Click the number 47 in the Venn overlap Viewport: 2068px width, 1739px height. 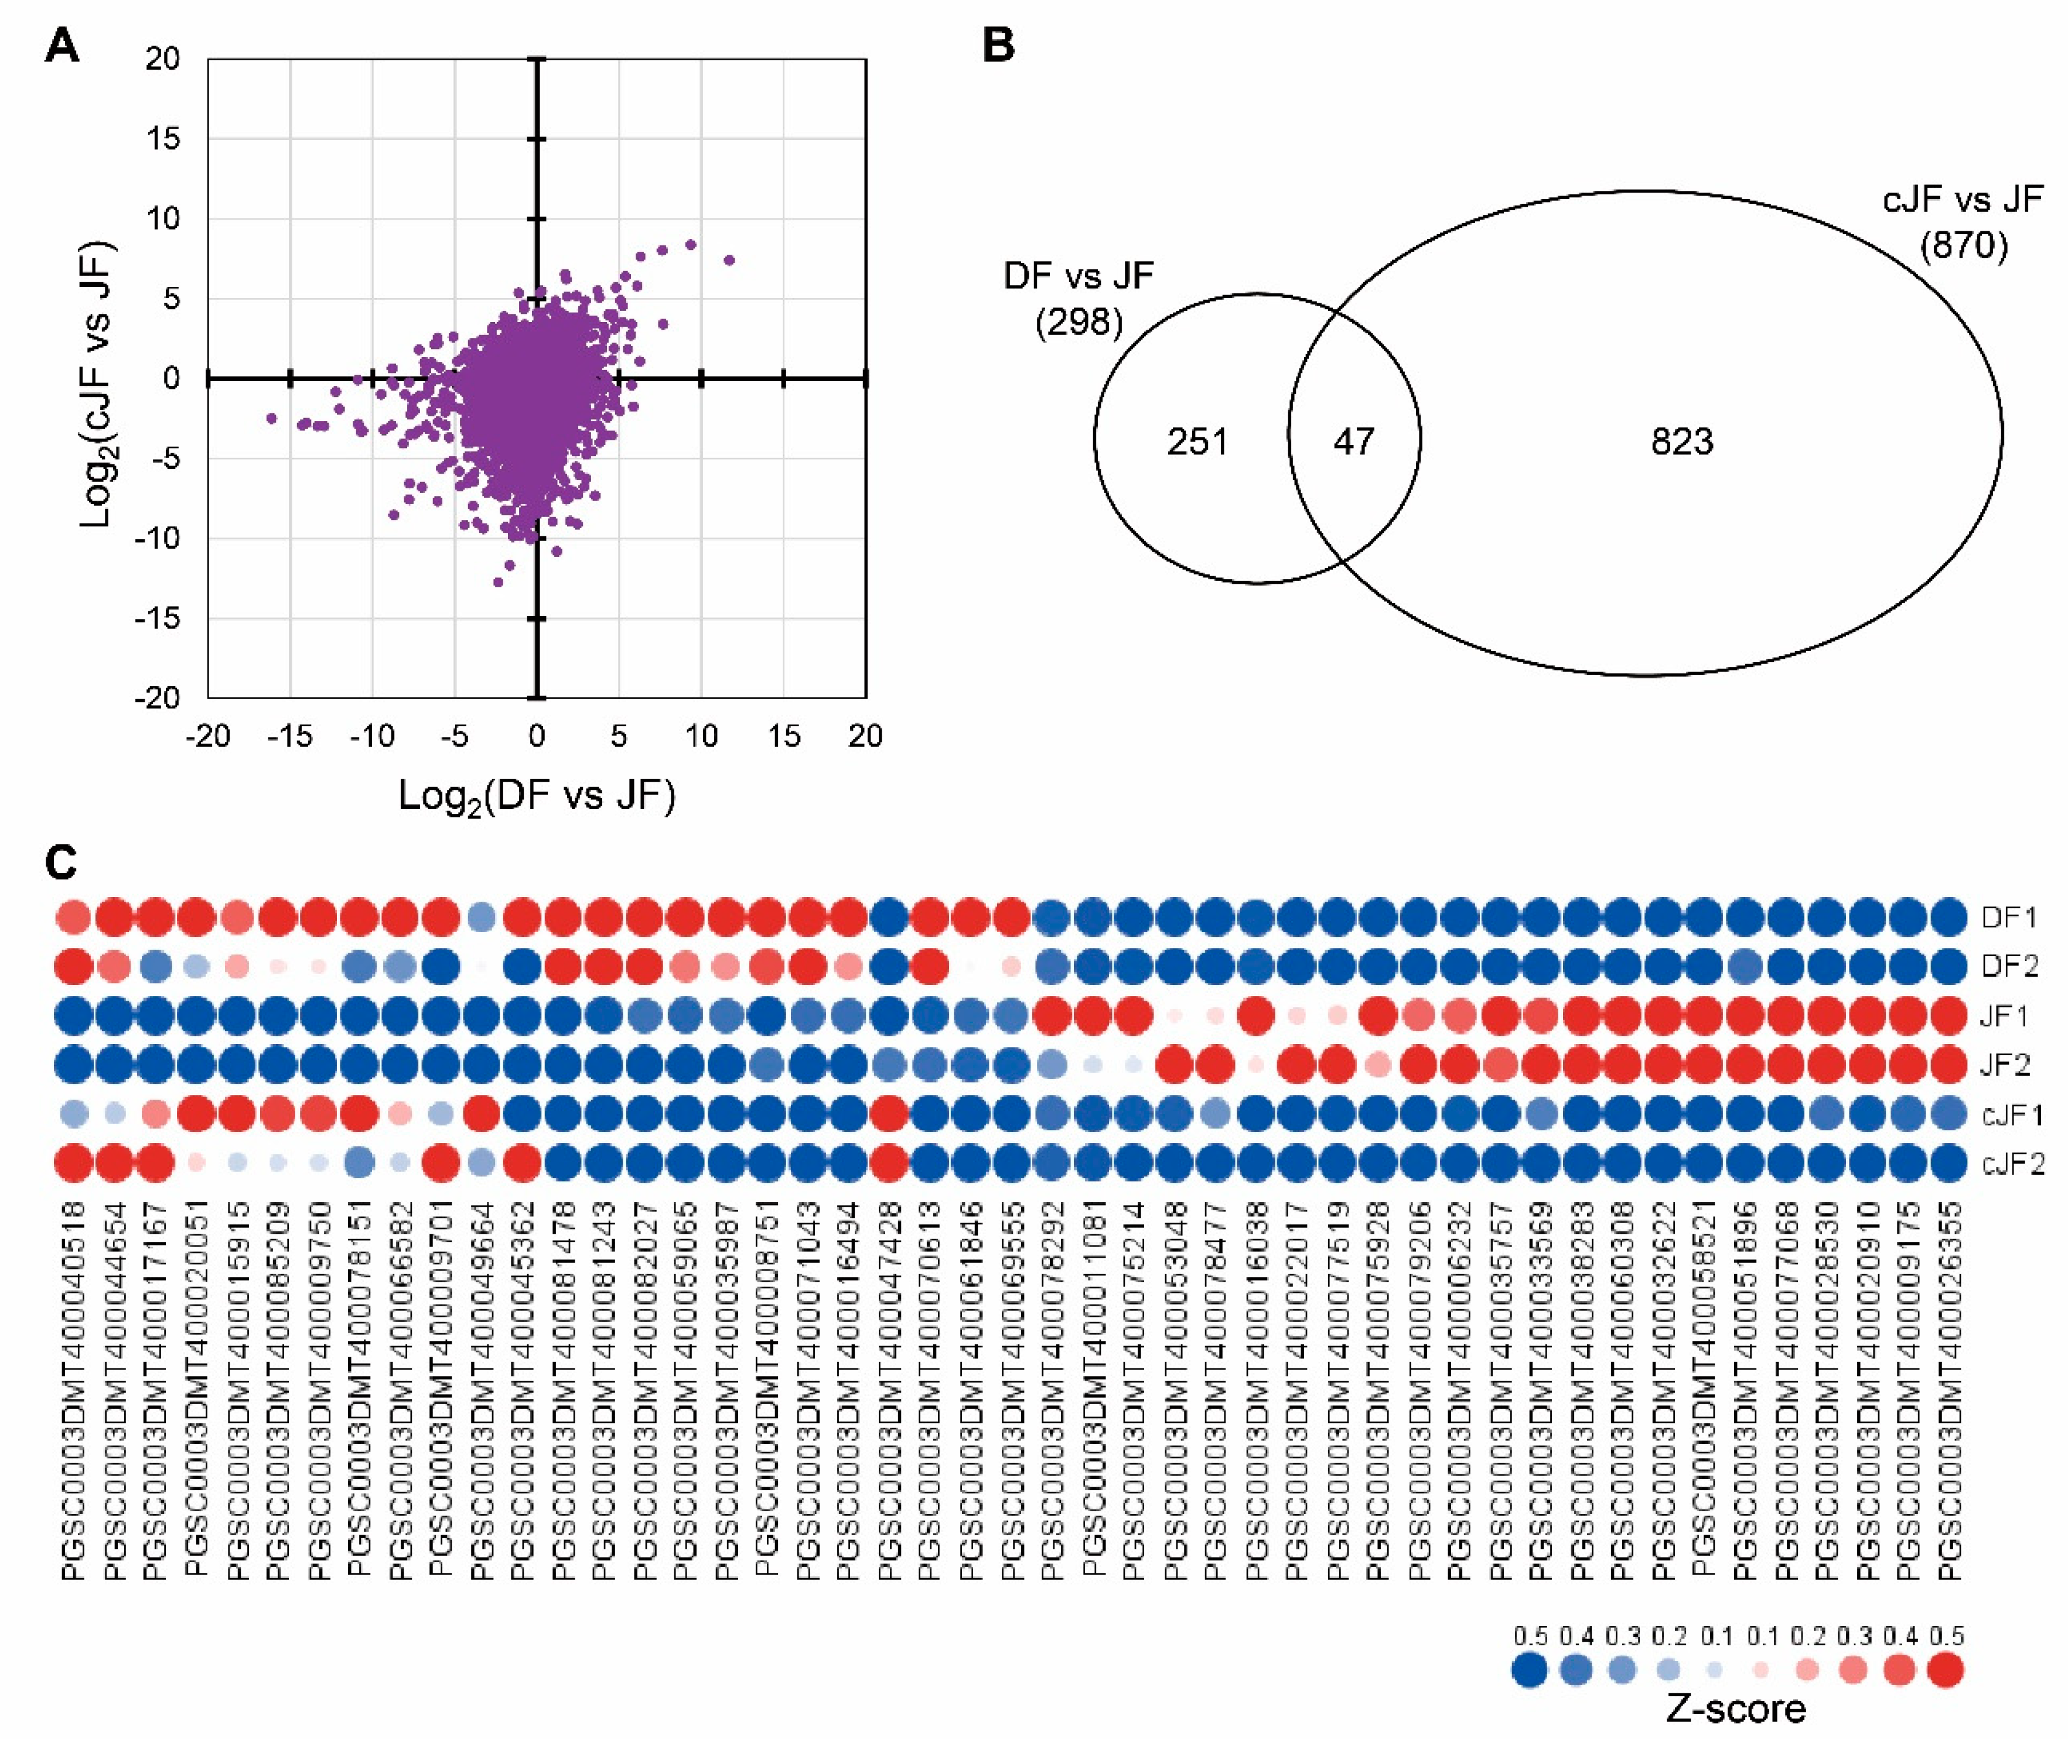point(1353,441)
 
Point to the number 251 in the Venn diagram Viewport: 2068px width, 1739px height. point(1197,441)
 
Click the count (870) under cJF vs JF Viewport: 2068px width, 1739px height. point(1963,245)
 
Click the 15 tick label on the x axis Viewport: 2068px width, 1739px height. point(784,735)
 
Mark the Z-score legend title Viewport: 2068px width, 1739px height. point(1736,1709)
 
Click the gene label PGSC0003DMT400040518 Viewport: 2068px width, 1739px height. point(74,1390)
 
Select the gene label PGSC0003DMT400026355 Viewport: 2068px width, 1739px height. point(1948,1390)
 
